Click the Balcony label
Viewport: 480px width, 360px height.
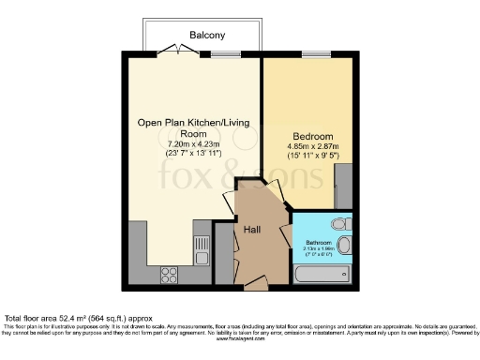pos(207,35)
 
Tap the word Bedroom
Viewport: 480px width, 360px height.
pos(308,134)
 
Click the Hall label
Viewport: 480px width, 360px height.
pos(253,229)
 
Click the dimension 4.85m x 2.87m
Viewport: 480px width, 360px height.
pos(308,146)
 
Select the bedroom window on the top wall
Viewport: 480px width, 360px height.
pos(308,53)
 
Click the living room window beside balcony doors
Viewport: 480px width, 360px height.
pos(225,53)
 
